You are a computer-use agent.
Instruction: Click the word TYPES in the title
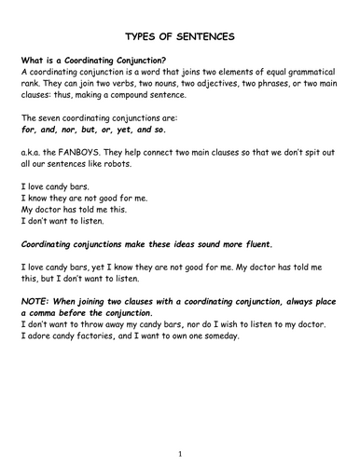tap(134, 37)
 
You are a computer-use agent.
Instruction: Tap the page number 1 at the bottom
tap(180, 454)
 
